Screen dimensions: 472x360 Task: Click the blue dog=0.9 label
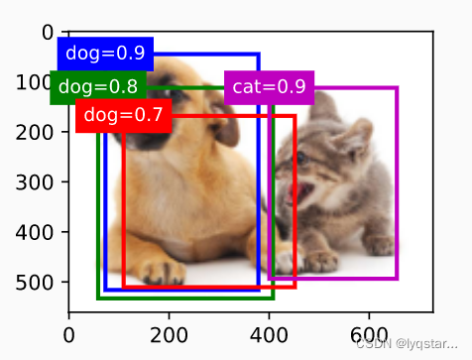click(105, 54)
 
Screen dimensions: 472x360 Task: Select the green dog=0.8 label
click(98, 87)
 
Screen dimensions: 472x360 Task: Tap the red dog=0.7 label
click(123, 115)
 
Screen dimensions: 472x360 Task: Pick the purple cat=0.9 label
click(269, 87)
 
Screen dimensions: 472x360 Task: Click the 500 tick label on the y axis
click(34, 283)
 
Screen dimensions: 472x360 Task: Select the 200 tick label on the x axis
click(169, 335)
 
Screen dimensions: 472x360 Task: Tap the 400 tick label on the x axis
click(269, 335)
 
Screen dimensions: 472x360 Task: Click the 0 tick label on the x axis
click(68, 335)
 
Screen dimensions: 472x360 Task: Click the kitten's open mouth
click(299, 192)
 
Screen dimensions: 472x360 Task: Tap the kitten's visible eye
click(301, 157)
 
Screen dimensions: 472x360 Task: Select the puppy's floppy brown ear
click(225, 124)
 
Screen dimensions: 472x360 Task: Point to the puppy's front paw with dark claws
click(164, 272)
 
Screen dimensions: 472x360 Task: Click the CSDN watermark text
click(407, 344)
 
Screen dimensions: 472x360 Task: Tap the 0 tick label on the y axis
click(48, 33)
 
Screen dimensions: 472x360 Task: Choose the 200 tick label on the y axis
click(34, 133)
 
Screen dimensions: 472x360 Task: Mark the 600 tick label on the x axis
click(369, 335)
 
